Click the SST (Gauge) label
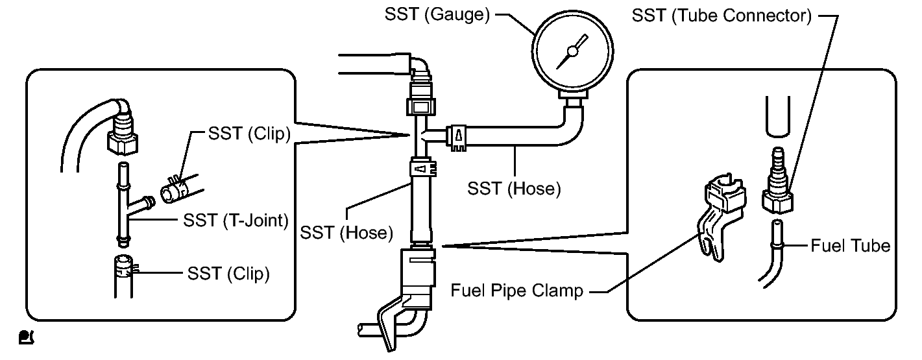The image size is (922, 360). (x=437, y=15)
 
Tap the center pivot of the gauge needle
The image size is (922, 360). (x=572, y=51)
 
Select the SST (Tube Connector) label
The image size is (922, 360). (x=722, y=16)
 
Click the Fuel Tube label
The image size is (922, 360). (x=851, y=246)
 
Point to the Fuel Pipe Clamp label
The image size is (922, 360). (x=517, y=291)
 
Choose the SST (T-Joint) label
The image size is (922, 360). (x=236, y=221)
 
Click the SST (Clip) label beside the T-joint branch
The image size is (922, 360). (x=249, y=134)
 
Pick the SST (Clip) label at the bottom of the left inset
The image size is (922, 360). (x=228, y=274)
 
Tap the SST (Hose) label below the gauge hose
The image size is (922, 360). (x=514, y=189)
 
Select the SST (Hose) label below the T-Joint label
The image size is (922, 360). (x=346, y=233)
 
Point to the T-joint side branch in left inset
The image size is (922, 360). (x=141, y=203)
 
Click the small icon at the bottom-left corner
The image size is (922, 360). (x=27, y=337)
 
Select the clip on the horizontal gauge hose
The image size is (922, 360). (x=457, y=138)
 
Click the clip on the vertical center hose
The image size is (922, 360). (x=423, y=169)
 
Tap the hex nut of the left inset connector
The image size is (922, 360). (x=122, y=143)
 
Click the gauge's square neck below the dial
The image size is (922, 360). (x=572, y=95)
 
